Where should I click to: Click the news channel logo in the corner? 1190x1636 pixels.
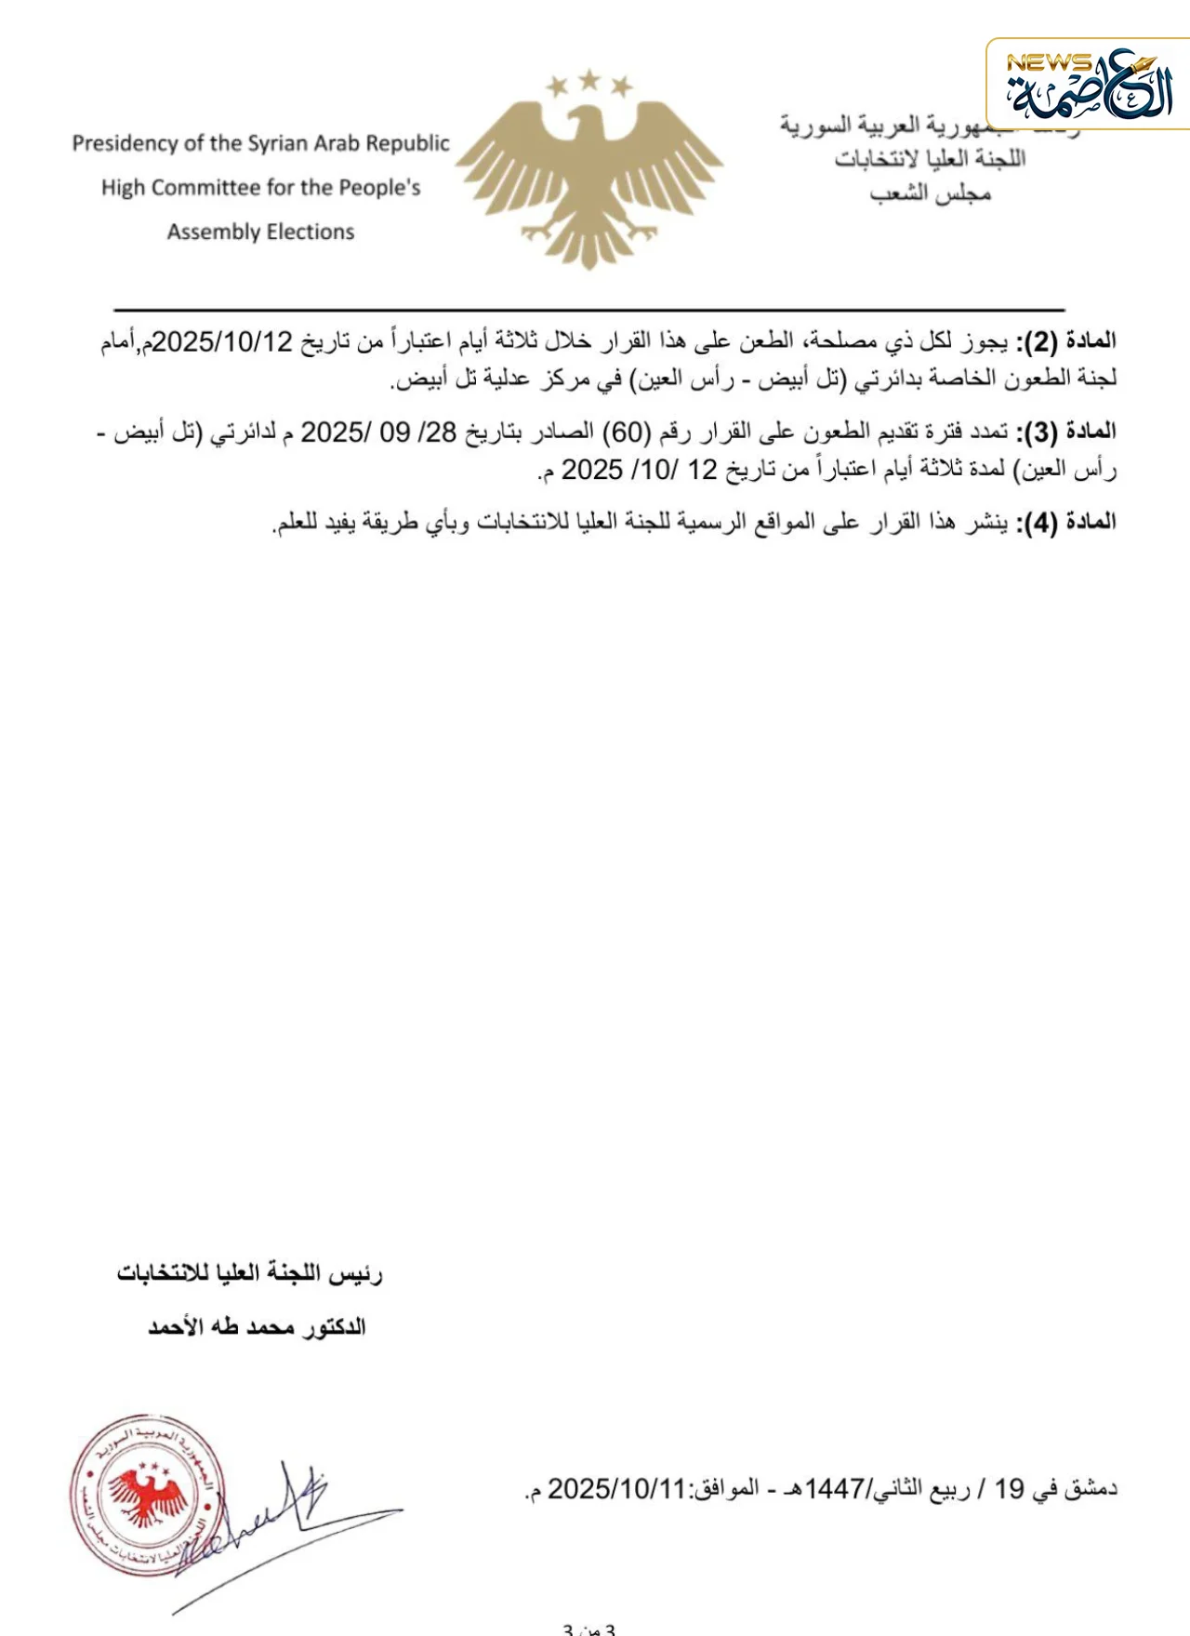pyautogui.click(x=1088, y=85)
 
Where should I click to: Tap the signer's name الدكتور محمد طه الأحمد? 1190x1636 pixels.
pyautogui.click(x=257, y=1327)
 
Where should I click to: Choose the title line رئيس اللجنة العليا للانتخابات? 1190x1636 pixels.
pyautogui.click(x=249, y=1273)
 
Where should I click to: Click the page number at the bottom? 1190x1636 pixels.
pyautogui.click(x=588, y=1629)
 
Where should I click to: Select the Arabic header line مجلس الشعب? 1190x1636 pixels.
pyautogui.click(x=930, y=193)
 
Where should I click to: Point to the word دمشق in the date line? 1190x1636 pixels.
pyautogui.click(x=1091, y=1489)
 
